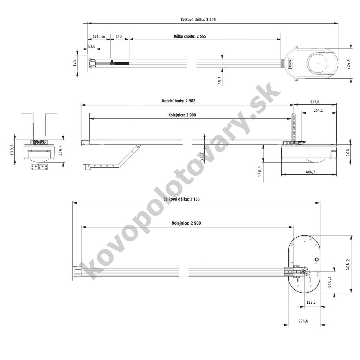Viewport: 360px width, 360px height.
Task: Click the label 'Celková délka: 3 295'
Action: click(198, 20)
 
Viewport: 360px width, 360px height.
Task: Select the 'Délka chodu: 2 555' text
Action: click(190, 36)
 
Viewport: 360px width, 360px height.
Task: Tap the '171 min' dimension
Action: click(99, 36)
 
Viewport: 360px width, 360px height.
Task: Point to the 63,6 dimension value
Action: click(92, 46)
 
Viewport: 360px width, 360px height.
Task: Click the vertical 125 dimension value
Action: click(74, 63)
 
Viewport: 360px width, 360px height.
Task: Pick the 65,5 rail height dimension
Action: click(220, 81)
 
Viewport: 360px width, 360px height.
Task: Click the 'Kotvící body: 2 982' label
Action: click(179, 101)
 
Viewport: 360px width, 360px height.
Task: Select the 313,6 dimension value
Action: click(315, 102)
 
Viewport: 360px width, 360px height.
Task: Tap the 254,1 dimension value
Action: click(318, 110)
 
